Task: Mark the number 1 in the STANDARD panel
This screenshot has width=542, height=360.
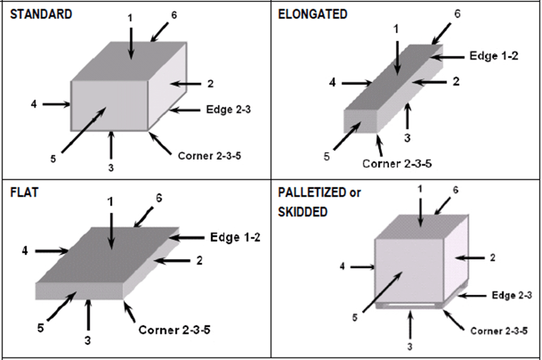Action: click(131, 17)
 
